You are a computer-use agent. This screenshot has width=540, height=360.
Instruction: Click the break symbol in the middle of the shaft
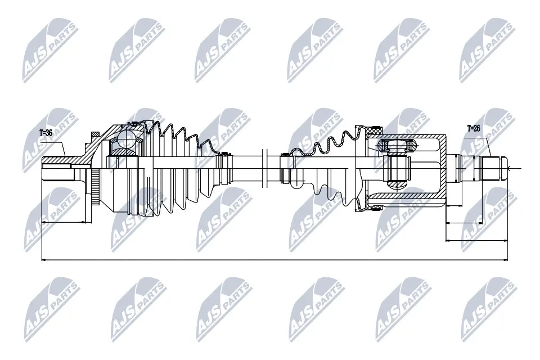coord(263,167)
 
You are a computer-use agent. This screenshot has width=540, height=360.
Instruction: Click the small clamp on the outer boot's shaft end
coord(225,167)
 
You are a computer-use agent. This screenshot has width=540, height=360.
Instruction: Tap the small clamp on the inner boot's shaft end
coord(286,167)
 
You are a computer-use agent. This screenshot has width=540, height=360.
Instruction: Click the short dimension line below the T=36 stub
coord(63,222)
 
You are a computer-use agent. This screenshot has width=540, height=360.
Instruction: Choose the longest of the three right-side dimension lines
coord(476,241)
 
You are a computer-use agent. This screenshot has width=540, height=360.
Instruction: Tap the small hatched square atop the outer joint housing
coord(96,134)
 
